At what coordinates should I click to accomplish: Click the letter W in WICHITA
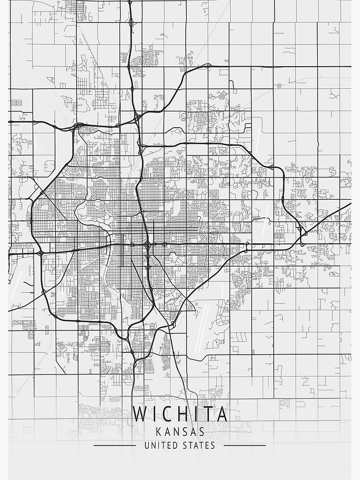142,414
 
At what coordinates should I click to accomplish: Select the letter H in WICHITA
184,414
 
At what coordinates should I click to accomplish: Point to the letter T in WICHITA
209,414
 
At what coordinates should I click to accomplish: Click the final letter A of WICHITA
222,414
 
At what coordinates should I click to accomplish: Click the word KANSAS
180,432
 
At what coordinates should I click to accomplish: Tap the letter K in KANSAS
158,432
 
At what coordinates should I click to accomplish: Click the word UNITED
161,445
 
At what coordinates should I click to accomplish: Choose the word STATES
199,445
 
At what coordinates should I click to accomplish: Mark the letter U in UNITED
147,445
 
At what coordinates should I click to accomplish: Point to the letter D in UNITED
174,445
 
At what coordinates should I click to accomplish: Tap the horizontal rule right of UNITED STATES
245,445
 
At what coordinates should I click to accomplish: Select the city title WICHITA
180,414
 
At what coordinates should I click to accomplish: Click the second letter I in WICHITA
197,414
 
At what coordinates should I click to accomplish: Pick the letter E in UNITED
168,445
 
